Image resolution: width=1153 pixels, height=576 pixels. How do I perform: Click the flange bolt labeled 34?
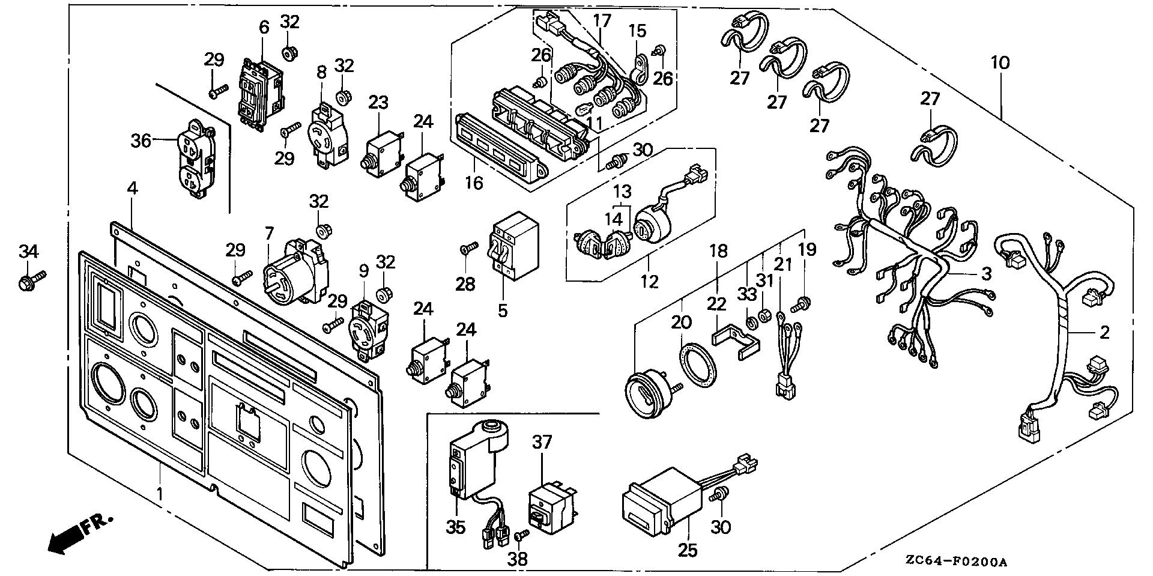[31, 279]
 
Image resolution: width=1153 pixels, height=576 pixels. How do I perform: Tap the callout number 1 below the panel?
[160, 494]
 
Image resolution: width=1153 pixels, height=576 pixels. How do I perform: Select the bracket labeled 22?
[737, 342]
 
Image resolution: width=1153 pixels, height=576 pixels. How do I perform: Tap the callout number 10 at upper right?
[1000, 62]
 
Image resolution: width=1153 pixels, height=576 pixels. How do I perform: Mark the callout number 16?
[474, 182]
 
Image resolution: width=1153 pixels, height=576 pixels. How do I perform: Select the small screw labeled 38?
[522, 533]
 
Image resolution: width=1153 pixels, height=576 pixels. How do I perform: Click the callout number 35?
[456, 527]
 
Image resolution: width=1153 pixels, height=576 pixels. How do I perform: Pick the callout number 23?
[379, 102]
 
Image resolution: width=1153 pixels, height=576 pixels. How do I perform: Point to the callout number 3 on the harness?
[986, 274]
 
